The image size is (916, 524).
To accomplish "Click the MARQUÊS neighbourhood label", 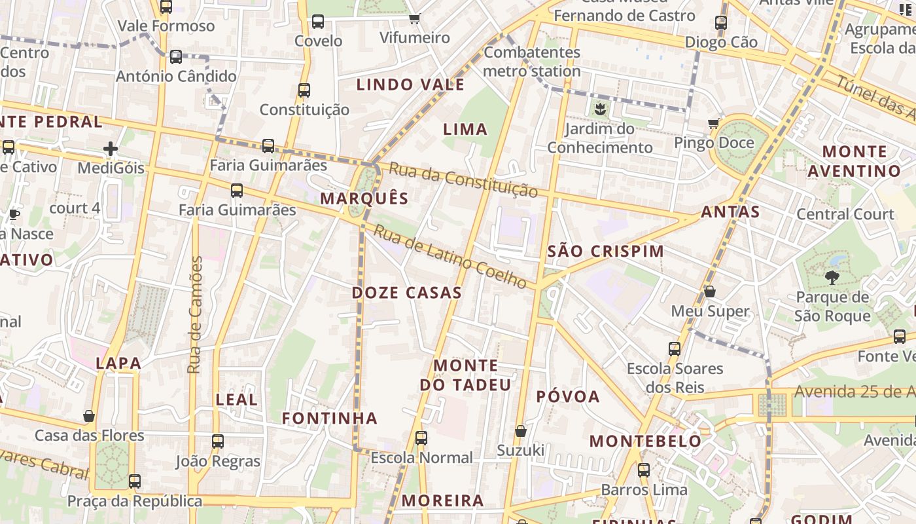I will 364,198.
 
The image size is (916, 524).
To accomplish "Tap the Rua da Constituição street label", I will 463,180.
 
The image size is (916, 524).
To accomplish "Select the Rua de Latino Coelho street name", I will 450,257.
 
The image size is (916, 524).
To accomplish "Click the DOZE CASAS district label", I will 407,293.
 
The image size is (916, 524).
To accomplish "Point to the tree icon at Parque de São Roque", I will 832,278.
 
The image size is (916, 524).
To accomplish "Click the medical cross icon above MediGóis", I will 111,149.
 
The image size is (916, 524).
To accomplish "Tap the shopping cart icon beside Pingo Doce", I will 713,123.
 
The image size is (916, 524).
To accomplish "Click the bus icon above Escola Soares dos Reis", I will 675,348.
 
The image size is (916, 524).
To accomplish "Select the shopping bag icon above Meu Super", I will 710,291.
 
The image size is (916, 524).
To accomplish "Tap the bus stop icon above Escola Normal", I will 421,438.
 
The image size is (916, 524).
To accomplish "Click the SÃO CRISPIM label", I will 605,251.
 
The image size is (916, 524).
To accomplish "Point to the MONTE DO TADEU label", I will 465,375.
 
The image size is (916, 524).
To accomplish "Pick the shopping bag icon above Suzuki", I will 521,431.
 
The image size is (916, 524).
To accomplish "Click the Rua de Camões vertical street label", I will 194,315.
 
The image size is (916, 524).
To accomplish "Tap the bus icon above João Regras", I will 218,441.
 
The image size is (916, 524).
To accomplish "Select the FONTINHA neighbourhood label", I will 330,418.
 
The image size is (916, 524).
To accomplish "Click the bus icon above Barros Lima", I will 644,470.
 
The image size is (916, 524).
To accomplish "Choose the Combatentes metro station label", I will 532,62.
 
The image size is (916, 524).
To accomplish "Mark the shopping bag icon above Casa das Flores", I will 89,416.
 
